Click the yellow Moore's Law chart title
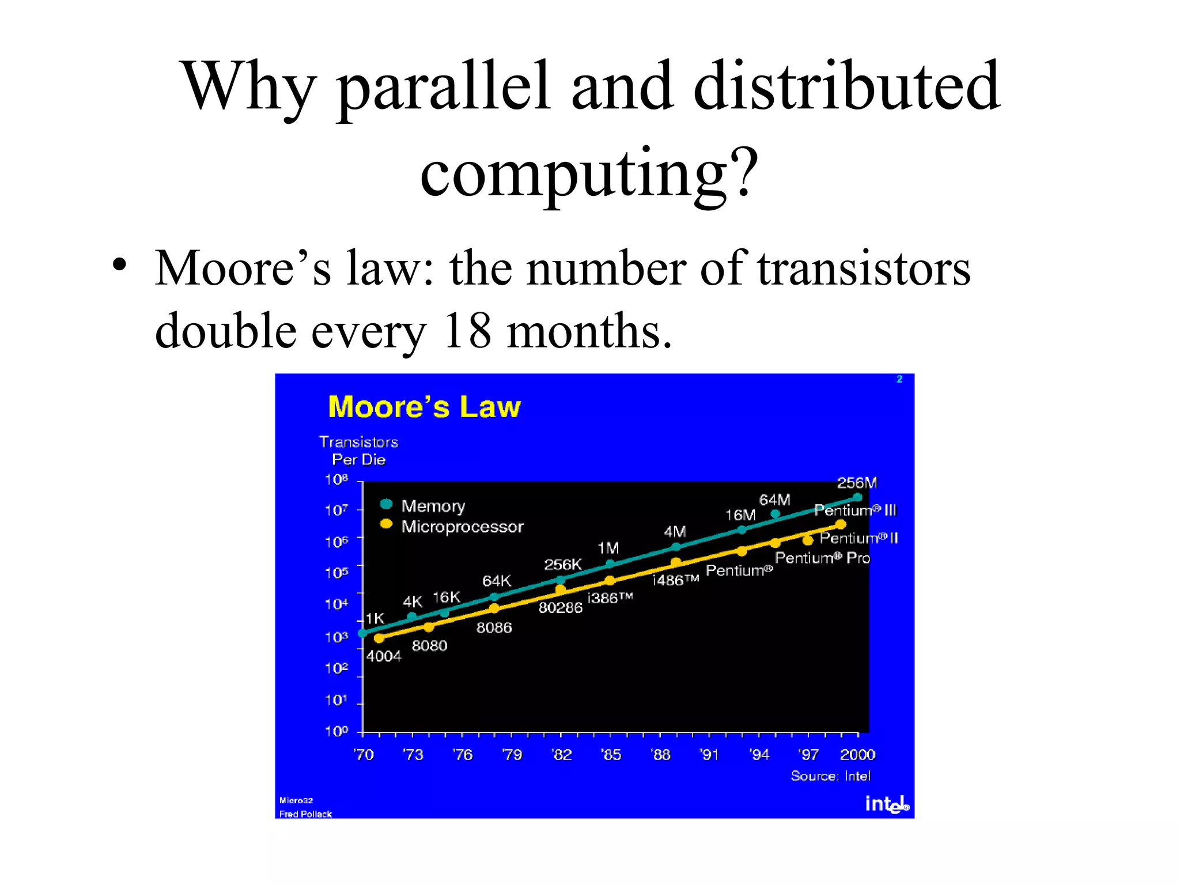coord(424,407)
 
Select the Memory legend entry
coord(433,506)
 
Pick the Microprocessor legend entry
coord(462,527)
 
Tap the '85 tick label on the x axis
coord(611,755)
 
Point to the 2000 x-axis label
coord(857,755)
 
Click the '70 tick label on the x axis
coord(364,755)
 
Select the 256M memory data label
coord(857,483)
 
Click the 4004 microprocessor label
coord(384,656)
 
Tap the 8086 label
coord(494,627)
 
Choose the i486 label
coord(675,580)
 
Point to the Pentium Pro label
coord(822,558)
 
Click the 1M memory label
coord(608,548)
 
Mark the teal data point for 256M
coord(857,497)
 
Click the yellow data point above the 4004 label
coord(379,638)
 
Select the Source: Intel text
coord(830,776)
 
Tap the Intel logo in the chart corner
coord(887,804)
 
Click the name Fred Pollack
coord(305,814)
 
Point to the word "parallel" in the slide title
coord(442,86)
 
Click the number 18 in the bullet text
coord(467,331)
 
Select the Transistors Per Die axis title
coord(358,451)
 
